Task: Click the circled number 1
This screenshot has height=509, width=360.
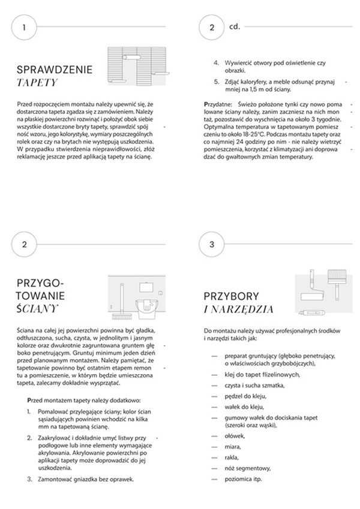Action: tap(23, 28)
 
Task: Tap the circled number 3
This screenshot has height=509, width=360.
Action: tap(211, 245)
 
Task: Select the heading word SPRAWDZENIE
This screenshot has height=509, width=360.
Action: tap(55, 70)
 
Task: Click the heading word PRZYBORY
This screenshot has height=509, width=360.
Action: tap(231, 296)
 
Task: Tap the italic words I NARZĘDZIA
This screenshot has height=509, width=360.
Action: tap(239, 309)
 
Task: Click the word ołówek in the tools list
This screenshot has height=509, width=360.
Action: tap(235, 436)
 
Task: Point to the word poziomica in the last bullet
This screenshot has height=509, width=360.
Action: tap(238, 478)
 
